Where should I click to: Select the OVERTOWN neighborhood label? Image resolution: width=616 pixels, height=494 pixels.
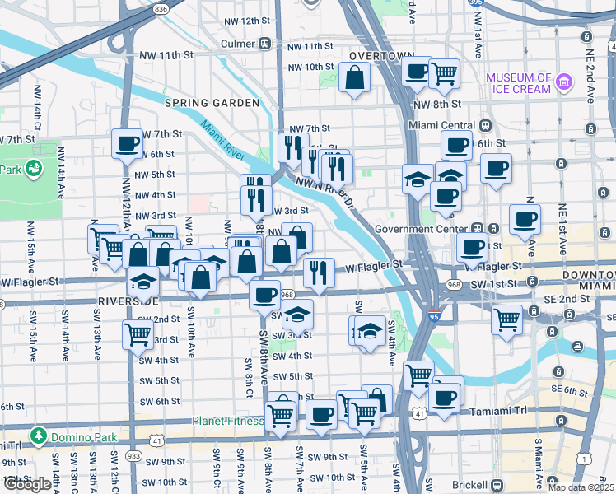click(380, 55)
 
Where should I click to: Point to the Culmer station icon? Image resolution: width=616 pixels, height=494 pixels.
click(265, 43)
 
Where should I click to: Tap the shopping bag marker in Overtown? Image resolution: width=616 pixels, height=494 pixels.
click(354, 78)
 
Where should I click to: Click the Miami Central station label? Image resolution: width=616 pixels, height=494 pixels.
click(442, 125)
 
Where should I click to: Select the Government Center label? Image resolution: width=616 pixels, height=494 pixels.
click(421, 228)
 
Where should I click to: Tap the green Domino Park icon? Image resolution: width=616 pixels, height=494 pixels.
click(38, 434)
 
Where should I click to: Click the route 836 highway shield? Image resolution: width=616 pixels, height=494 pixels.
click(161, 7)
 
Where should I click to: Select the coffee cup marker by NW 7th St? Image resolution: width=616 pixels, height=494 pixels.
click(128, 144)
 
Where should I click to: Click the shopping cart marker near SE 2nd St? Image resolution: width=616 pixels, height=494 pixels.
click(507, 318)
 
